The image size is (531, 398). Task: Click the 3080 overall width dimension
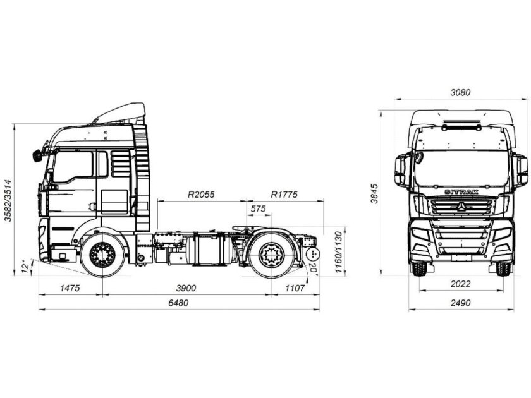[461, 92]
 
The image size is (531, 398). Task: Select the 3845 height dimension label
[374, 191]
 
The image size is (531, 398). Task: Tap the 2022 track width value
[461, 283]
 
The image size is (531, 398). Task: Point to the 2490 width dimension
[461, 303]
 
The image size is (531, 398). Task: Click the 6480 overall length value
[179, 303]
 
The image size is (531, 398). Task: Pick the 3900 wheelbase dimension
[186, 287]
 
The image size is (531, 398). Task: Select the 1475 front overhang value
[70, 287]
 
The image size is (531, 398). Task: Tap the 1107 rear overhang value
[295, 287]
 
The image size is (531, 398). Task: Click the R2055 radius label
[201, 195]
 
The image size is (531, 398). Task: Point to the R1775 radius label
[284, 195]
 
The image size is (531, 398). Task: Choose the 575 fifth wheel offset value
[258, 208]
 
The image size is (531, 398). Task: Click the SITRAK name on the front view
[461, 191]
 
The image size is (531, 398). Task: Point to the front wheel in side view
[102, 255]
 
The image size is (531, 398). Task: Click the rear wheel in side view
[271, 255]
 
